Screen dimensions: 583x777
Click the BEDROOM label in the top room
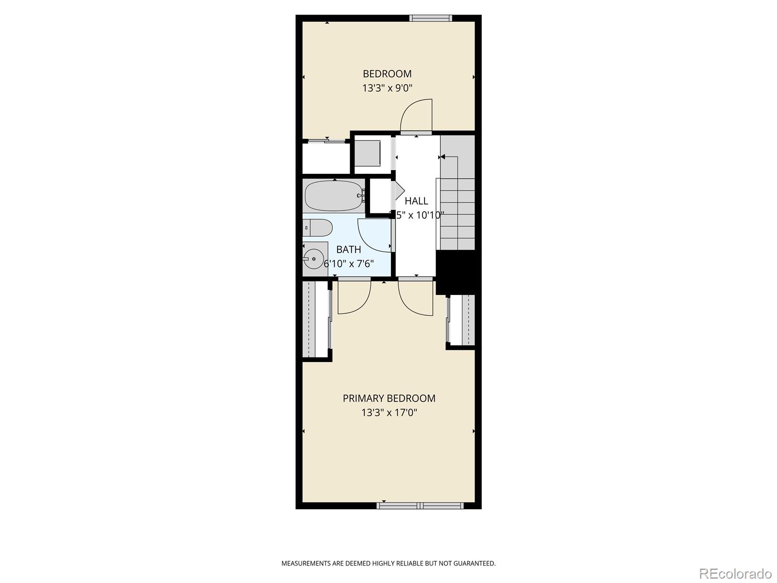[x=387, y=74]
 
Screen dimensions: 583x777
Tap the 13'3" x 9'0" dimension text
[x=387, y=88]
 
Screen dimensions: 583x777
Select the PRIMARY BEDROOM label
[x=389, y=398]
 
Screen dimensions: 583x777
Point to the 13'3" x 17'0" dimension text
[x=389, y=413]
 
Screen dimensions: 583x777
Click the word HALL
[x=416, y=201]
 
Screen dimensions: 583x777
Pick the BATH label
[x=349, y=249]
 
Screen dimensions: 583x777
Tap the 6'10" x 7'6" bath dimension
[x=349, y=264]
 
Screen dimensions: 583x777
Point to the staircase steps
[x=457, y=214]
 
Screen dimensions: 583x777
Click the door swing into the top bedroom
[x=416, y=116]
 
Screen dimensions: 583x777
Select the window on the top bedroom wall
[x=430, y=18]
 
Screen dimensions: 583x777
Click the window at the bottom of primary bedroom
[x=420, y=505]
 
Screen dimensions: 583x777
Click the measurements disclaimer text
[x=388, y=564]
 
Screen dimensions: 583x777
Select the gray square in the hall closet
[x=367, y=153]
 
